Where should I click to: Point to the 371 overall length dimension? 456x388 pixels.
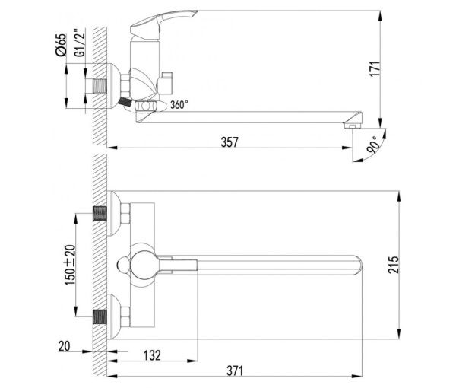[x=234, y=370]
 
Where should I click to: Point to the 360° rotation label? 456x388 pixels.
[x=179, y=105]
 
